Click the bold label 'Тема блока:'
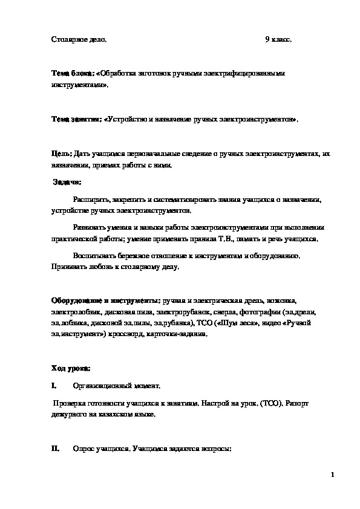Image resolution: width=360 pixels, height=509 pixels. coord(72,73)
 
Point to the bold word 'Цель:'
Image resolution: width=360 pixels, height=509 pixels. coord(61,154)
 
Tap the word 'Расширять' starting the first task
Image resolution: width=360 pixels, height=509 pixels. coord(90,199)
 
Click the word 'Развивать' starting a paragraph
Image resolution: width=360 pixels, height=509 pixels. coord(89,228)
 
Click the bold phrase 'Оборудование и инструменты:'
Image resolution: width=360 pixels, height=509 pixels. coord(105,300)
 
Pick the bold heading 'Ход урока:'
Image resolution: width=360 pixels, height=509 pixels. coord(71,368)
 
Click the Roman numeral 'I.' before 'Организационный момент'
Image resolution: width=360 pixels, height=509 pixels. coord(54,385)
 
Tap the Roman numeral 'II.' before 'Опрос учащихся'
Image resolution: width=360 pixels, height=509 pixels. coord(55,450)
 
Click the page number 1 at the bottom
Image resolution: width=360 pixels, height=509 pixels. coord(333,475)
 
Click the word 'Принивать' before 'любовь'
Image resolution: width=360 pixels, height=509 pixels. coord(67,267)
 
